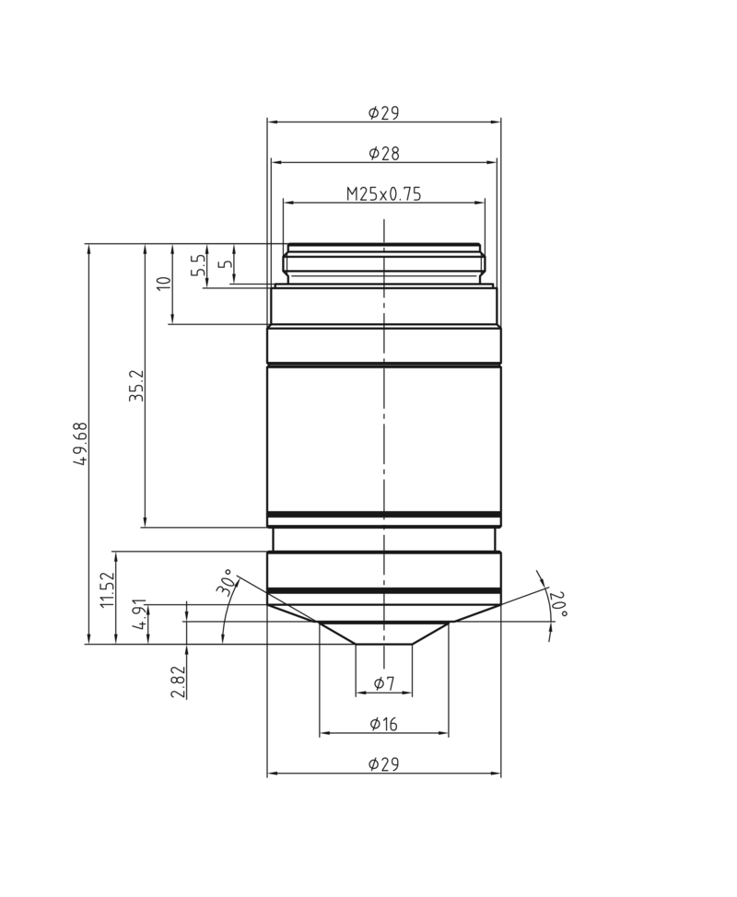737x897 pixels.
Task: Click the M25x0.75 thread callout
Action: tap(383, 193)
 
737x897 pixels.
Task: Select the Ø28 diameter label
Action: tap(383, 153)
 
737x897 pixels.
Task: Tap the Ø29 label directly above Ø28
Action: tap(383, 112)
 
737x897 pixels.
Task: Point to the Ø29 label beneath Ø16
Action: tap(383, 764)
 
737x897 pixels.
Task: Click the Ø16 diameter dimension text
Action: tap(383, 724)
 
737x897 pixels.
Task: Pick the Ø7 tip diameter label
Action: tap(383, 683)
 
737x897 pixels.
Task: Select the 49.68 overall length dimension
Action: tap(80, 444)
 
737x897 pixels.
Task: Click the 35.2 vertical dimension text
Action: tap(136, 386)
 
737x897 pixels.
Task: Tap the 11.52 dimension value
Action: tap(107, 589)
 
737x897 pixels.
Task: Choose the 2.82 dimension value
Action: tap(178, 682)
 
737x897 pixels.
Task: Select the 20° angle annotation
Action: tap(558, 603)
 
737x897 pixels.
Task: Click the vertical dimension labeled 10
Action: tap(164, 284)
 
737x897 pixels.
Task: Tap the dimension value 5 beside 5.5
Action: tap(225, 265)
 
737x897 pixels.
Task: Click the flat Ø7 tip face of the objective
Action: tap(383, 644)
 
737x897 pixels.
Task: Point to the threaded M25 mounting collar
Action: tap(383, 262)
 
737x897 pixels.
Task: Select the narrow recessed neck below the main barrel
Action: tap(383, 539)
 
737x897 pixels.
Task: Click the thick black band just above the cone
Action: tap(383, 590)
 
